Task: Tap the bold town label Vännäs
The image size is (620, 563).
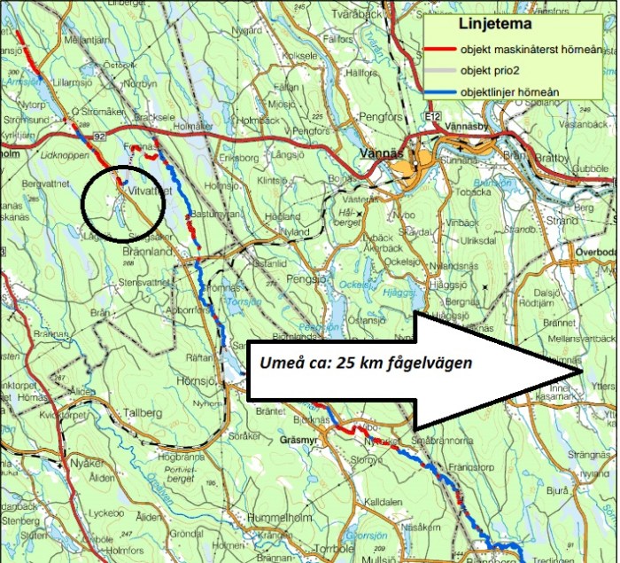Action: pyautogui.click(x=384, y=152)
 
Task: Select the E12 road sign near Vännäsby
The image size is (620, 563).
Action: pyautogui.click(x=432, y=116)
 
